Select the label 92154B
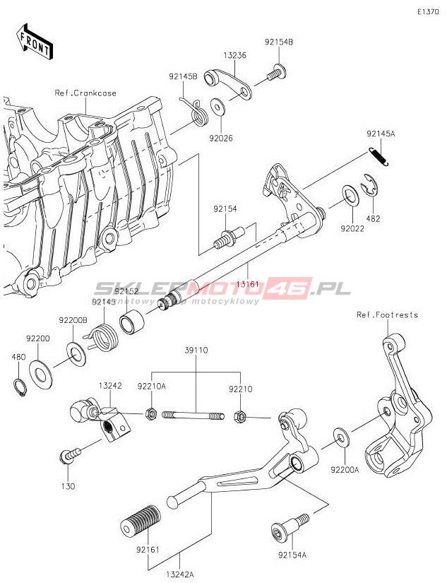point(279,42)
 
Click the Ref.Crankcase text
point(85,93)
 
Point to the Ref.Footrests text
point(387,314)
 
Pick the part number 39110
point(196,350)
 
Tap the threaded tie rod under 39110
point(193,416)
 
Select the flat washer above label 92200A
point(340,437)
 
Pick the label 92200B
point(73,320)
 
